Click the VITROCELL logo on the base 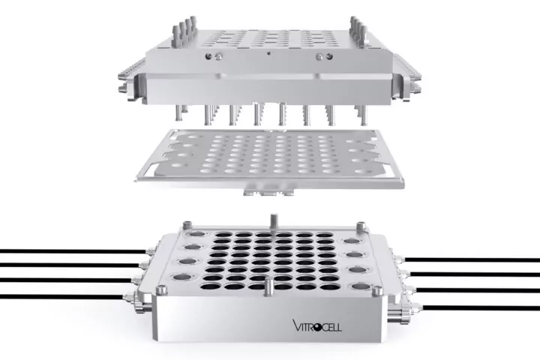317,325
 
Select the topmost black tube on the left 73,251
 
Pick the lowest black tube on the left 62,296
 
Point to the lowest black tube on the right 481,307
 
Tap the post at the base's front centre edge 268,287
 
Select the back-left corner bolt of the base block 188,225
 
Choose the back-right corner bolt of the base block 361,226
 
